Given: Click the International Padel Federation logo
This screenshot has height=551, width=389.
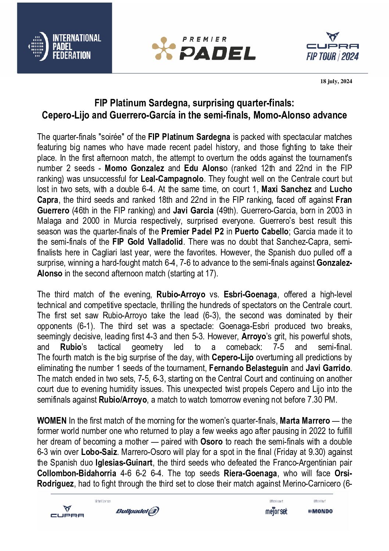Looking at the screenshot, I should click(x=65, y=46).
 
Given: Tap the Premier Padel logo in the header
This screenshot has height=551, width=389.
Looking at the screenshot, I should click(x=204, y=49).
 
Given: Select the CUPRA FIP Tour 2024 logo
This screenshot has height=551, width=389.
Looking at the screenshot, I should click(x=332, y=47).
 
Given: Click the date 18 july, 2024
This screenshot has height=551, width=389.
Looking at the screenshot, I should click(x=336, y=81).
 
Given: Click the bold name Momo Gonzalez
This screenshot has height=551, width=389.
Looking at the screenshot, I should click(x=134, y=168).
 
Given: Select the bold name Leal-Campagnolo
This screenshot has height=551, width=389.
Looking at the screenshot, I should click(x=172, y=179).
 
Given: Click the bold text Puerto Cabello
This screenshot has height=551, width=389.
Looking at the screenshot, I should click(x=261, y=232).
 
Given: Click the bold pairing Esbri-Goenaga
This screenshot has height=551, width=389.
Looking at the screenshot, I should click(x=250, y=294).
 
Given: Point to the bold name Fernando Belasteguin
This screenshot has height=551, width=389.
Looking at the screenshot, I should click(x=249, y=368).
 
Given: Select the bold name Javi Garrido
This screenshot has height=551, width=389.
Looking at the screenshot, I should click(x=328, y=368).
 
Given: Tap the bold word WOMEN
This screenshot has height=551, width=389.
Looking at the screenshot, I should click(x=52, y=421).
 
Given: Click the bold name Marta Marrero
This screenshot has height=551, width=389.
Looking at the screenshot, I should click(x=305, y=421).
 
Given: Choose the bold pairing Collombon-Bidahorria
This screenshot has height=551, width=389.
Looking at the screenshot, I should click(x=76, y=473).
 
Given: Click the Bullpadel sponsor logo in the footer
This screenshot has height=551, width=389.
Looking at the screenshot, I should click(x=137, y=511).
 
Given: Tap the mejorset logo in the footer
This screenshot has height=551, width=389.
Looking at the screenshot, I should click(x=276, y=511).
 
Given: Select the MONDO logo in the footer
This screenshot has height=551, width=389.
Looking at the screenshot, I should click(x=320, y=511).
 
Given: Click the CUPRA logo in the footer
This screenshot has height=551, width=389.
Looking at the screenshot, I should click(x=67, y=512).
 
